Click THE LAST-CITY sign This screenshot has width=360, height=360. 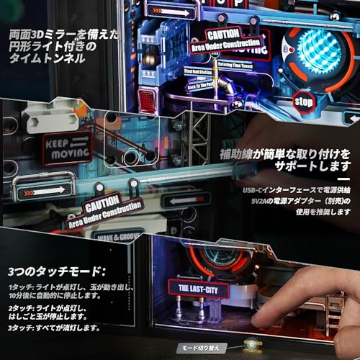pyautogui.click(x=198, y=290)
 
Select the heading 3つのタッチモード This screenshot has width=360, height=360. pyautogui.click(x=56, y=273)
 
